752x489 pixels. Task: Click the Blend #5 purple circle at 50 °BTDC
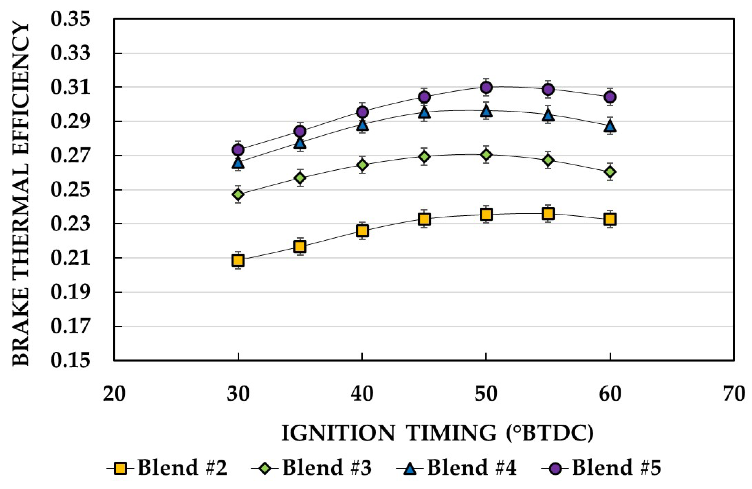(x=486, y=87)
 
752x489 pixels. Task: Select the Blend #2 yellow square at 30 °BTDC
(x=238, y=260)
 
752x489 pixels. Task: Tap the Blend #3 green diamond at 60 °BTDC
(x=610, y=172)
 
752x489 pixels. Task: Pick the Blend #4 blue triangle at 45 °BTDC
(x=425, y=112)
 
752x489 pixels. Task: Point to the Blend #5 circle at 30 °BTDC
(x=238, y=150)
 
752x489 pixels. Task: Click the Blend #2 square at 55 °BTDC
(x=549, y=214)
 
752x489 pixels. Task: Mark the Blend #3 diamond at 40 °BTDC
(x=362, y=165)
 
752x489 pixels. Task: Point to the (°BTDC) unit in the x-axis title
(x=549, y=433)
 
